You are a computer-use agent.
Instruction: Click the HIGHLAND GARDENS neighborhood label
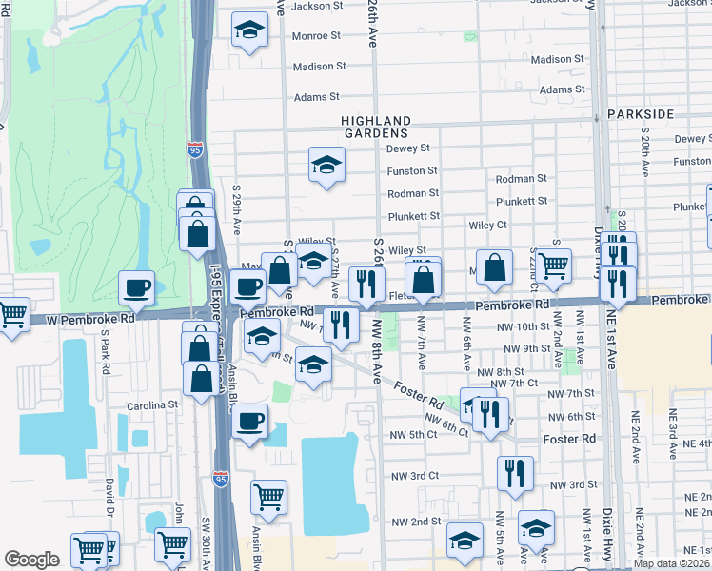(x=377, y=128)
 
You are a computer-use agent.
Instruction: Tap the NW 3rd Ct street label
(x=414, y=475)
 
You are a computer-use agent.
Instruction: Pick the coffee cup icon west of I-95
(x=136, y=287)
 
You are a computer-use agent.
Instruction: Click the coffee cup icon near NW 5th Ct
(x=249, y=421)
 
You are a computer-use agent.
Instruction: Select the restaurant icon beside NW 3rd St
(x=514, y=473)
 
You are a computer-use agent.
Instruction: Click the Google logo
(x=31, y=560)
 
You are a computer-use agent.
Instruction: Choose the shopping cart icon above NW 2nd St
(x=269, y=496)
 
